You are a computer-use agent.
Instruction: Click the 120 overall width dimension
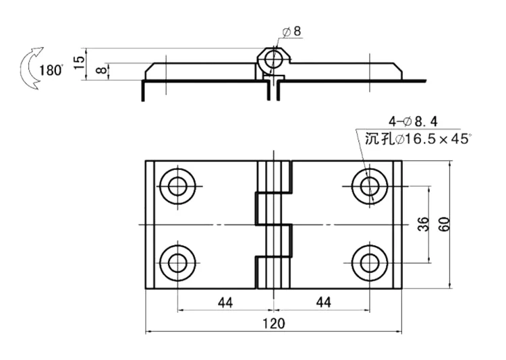(x=273, y=323)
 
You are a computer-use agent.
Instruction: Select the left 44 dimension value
(x=225, y=303)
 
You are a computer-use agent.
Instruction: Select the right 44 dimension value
(x=323, y=302)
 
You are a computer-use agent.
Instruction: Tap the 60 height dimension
(x=445, y=224)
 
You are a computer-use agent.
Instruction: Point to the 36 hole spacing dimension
(x=424, y=224)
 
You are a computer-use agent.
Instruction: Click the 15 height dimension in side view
(x=79, y=62)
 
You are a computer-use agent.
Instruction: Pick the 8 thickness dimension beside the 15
(x=102, y=69)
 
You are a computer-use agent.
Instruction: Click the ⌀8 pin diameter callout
(x=291, y=31)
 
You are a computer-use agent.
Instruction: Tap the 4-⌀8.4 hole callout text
(x=413, y=121)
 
